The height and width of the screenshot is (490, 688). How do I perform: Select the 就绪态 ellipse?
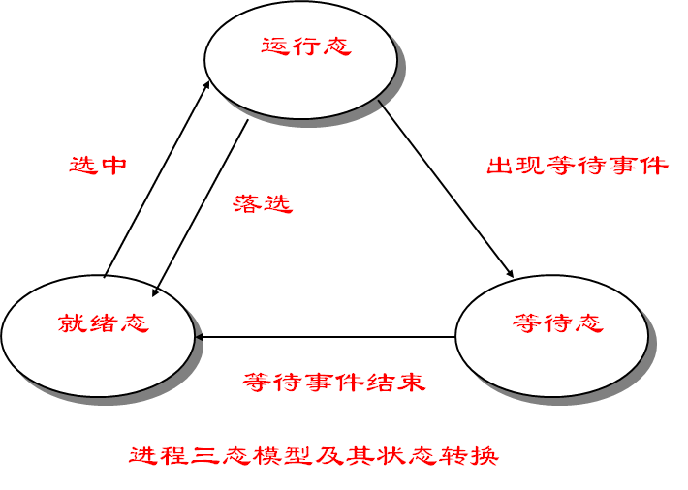(98, 334)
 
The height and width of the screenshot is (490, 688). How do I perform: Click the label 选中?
(98, 165)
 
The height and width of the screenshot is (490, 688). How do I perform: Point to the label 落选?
(263, 203)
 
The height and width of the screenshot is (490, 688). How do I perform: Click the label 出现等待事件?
(577, 165)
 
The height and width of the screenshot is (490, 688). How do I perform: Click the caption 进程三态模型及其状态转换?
(314, 455)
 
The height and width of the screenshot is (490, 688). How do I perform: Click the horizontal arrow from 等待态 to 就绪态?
(325, 337)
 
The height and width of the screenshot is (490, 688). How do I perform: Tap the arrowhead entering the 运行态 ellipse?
(207, 86)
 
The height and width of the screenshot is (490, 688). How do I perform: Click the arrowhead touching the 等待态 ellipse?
(509, 276)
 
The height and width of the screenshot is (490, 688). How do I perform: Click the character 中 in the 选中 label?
(113, 165)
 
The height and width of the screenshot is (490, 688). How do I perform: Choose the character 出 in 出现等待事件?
(497, 165)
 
